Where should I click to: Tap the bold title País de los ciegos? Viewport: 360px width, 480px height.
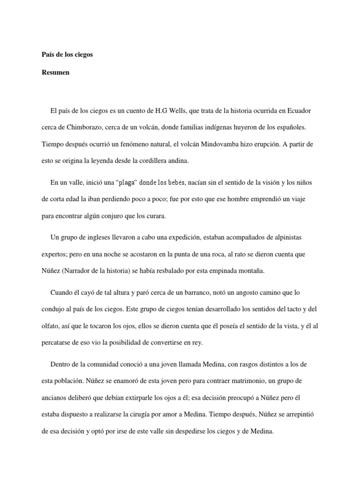pos(67,55)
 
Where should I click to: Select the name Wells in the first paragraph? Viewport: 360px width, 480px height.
pos(174,111)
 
